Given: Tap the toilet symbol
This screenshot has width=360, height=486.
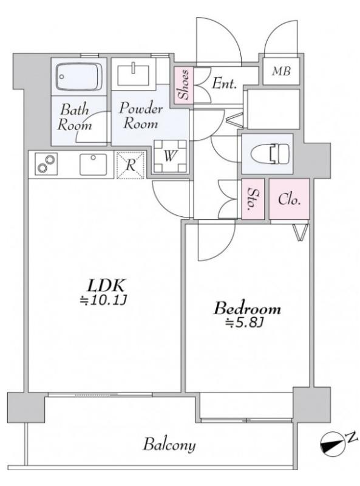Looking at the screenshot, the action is click(270, 154).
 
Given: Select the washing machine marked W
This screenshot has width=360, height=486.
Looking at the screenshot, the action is click(170, 156).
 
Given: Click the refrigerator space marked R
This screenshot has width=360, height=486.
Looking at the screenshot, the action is click(131, 165).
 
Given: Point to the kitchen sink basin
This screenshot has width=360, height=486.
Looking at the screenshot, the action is click(93, 164).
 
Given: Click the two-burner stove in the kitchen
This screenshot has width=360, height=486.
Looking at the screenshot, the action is click(46, 164).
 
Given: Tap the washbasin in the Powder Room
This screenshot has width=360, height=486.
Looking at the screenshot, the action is click(133, 74).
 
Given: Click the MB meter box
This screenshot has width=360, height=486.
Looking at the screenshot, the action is click(281, 71).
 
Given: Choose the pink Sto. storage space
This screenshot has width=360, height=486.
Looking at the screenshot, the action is click(253, 199).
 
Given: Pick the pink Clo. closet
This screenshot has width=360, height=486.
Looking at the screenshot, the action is click(290, 199).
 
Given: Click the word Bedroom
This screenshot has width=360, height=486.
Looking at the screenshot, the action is click(247, 309).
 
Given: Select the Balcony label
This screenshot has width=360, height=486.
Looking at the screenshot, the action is click(169, 445).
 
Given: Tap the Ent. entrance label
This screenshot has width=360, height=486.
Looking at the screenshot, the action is click(224, 83).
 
